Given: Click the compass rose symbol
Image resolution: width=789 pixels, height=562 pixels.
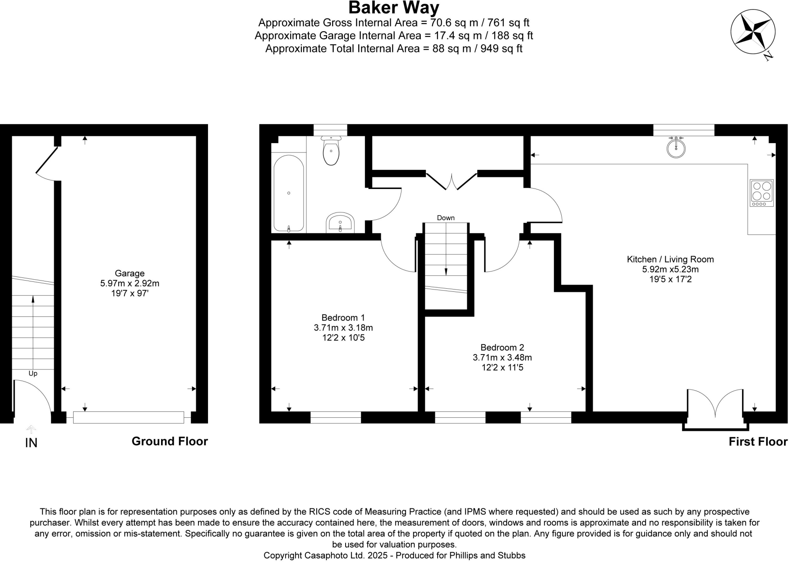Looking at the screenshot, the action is [753, 32].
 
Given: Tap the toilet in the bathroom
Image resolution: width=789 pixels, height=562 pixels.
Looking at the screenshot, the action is [331, 151].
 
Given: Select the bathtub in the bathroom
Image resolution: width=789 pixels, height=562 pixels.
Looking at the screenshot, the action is [289, 193].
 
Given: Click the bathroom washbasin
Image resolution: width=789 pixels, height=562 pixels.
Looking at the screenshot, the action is [340, 222].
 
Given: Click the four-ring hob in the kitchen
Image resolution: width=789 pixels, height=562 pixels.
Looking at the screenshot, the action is [762, 193].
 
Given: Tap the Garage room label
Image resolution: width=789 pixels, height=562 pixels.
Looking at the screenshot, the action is [129, 273].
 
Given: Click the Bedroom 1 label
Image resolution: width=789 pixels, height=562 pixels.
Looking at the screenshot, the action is [343, 318].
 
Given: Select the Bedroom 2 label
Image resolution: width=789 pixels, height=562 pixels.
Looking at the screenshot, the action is [502, 347].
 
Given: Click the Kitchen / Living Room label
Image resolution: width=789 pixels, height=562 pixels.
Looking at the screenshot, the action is [670, 259].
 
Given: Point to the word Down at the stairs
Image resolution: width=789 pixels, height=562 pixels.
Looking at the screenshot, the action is [446, 218].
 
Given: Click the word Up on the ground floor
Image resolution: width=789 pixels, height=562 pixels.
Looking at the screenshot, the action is [33, 374].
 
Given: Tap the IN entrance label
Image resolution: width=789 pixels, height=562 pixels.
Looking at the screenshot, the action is [31, 443].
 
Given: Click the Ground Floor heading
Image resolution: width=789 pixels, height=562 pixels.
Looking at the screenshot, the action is [170, 441].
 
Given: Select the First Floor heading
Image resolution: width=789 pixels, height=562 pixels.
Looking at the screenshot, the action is [758, 442].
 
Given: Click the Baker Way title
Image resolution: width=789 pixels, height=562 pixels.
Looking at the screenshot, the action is [394, 8].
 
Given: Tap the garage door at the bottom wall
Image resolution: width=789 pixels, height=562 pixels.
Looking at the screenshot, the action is [129, 418].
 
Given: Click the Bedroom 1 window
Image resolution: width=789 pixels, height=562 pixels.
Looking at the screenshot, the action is [336, 418].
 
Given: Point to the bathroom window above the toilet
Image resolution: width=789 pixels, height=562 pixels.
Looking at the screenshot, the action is [330, 130].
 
